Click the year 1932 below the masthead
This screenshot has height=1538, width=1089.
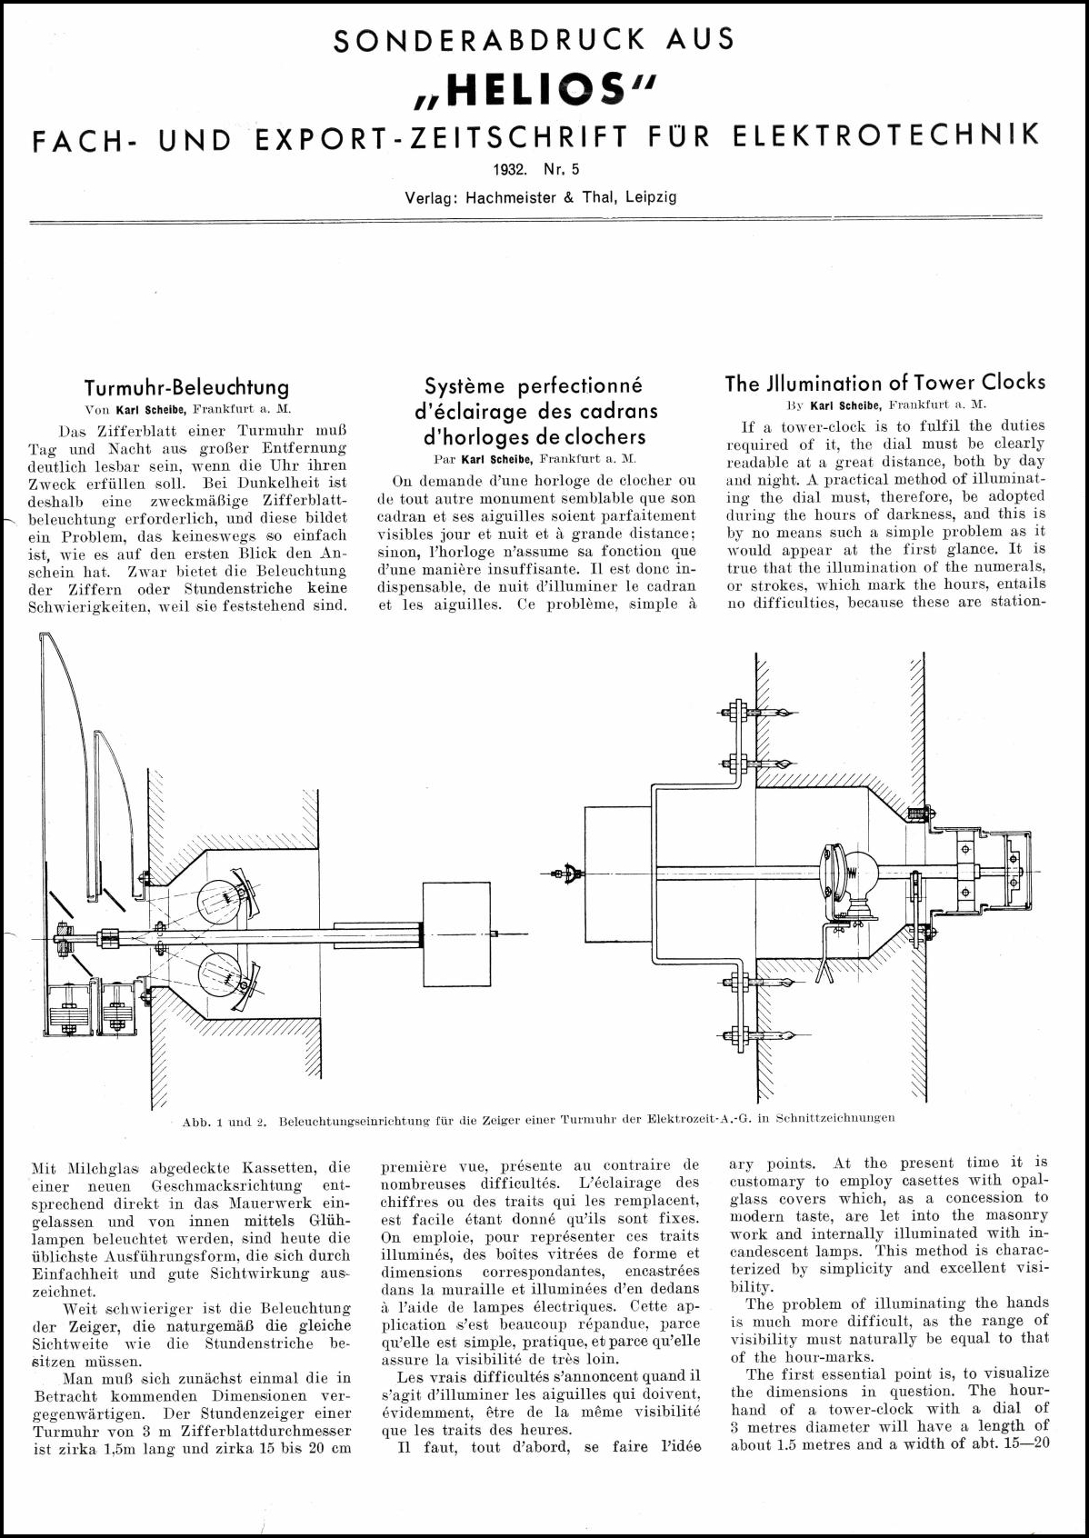(x=511, y=169)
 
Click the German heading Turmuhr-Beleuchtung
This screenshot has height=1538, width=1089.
(x=186, y=388)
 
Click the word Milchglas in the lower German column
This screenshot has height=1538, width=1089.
(x=100, y=1167)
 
